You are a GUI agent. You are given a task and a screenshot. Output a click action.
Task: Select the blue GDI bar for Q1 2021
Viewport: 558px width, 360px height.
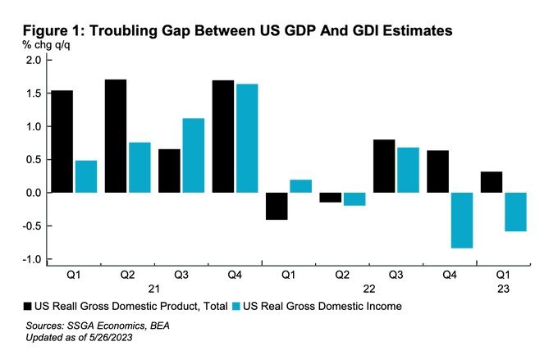86,176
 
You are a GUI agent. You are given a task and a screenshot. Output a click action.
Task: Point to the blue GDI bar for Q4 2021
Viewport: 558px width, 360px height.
246,139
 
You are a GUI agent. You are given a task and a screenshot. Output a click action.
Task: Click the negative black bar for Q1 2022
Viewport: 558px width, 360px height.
277,206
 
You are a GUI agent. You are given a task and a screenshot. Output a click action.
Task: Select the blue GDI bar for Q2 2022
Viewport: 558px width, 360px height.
354,199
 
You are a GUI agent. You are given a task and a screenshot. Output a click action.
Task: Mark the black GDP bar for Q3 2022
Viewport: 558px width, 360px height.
384,166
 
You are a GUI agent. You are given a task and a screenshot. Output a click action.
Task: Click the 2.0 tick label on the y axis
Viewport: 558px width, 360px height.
33,61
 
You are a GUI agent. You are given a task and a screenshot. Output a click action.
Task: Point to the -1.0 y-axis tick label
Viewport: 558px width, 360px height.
31,259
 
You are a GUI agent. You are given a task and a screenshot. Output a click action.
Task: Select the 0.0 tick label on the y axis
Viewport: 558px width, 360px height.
33,193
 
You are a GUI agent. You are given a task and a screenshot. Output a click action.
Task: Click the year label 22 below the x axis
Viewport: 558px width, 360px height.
369,289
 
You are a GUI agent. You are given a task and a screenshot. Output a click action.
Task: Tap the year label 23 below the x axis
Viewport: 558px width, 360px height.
502,289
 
